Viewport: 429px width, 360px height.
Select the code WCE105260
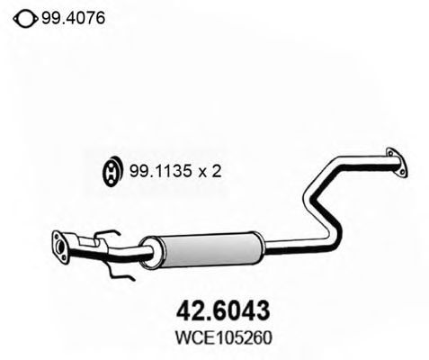pos(219,337)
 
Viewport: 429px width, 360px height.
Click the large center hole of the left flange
pos(60,247)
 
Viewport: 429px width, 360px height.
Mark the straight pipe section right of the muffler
pos(297,240)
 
